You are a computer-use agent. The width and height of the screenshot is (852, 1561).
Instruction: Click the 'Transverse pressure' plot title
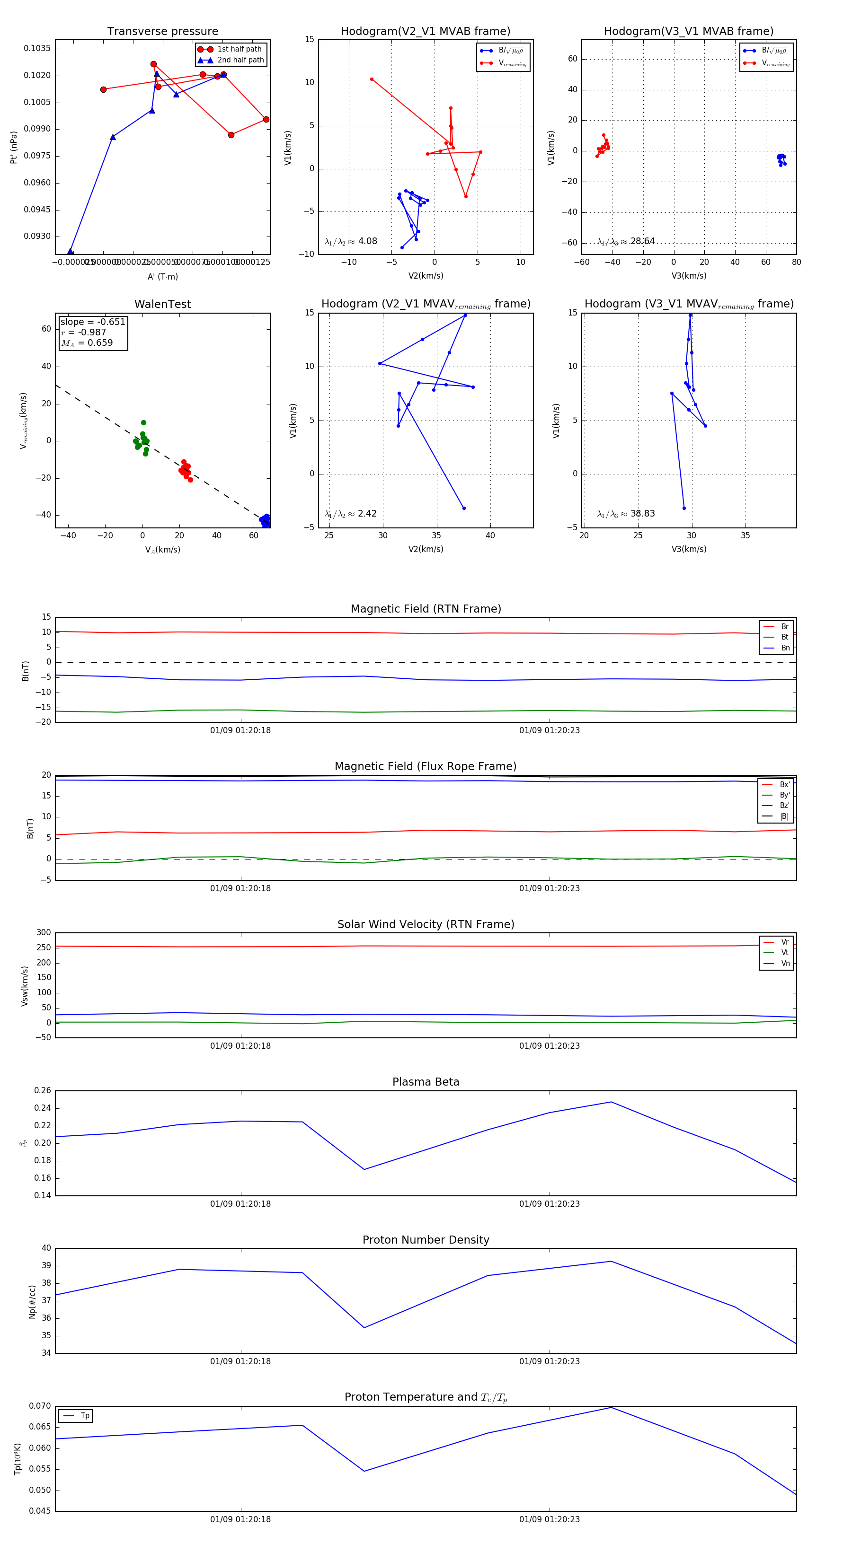point(162,32)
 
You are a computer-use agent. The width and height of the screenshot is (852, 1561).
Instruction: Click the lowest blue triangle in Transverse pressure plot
point(71,252)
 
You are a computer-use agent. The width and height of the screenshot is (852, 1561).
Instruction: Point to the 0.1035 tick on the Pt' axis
point(37,48)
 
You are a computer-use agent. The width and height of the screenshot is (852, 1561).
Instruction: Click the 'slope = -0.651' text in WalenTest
point(93,322)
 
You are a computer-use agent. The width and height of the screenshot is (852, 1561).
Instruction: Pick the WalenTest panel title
point(162,304)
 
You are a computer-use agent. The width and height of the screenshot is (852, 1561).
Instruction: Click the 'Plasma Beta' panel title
point(426,1082)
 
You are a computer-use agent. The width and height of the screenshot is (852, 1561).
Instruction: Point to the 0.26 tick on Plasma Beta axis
point(43,1091)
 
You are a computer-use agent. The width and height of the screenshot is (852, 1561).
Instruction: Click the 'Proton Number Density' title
point(426,1240)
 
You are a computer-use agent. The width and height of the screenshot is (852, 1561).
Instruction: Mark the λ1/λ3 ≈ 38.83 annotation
point(626,514)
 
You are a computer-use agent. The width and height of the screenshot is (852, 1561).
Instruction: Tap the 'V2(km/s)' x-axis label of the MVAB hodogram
point(426,276)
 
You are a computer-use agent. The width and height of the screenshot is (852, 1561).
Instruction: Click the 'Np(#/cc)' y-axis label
point(33,1302)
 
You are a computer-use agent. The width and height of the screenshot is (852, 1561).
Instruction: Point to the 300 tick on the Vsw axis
point(44,933)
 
